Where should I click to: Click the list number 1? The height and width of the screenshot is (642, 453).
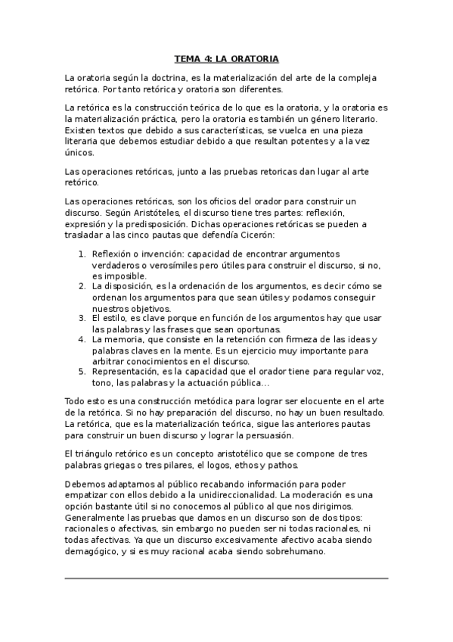click(82, 254)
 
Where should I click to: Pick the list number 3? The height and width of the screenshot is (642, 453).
click(82, 318)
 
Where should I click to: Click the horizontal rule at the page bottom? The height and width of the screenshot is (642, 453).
click(226, 578)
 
